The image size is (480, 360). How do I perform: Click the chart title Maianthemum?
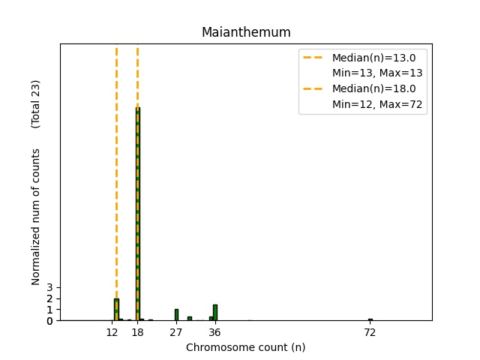pos(246,32)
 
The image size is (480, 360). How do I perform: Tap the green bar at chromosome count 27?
pos(176,315)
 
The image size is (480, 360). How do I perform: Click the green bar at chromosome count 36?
pos(215,313)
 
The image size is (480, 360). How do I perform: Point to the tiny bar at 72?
pos(370,319)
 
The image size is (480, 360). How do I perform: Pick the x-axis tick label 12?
pos(112,331)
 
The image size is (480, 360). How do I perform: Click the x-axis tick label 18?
pos(138,331)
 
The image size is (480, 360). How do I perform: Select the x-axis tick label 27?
pos(176,331)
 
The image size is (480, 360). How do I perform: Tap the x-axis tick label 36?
pos(215,331)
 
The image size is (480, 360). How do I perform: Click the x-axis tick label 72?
pos(370,331)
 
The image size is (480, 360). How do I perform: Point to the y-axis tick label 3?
pos(49,288)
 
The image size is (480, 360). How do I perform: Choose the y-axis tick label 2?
pos(49,298)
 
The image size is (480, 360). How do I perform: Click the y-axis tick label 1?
pos(49,310)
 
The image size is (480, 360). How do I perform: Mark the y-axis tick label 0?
pos(49,321)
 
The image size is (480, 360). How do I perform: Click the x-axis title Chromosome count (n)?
pos(246,347)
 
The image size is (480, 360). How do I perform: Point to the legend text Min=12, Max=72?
pos(379,105)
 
